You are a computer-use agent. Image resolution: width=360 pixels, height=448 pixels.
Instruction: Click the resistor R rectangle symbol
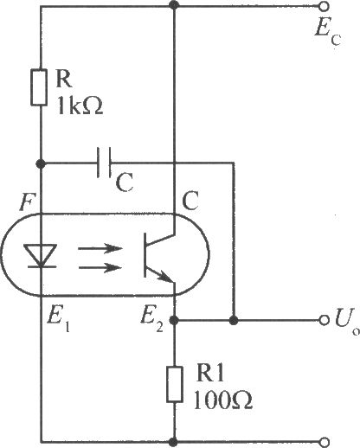39,87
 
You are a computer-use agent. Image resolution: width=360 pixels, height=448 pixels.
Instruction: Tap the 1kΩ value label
80,106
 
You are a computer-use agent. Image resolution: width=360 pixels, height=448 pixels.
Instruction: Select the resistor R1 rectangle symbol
175,384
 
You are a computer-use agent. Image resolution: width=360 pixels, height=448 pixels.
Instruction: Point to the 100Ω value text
222,400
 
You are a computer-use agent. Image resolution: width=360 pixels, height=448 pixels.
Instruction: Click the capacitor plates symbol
104,163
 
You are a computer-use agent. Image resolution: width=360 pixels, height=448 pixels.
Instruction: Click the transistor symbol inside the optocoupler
159,255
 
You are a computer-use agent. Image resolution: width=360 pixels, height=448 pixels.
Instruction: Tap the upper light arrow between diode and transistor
100,248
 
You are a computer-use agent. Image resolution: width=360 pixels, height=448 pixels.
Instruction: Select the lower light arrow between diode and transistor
100,268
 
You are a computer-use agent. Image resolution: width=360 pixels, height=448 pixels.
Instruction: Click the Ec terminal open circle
325,6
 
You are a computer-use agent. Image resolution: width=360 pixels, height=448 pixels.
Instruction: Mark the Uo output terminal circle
325,320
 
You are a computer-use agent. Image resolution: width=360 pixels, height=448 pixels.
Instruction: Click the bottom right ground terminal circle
325,442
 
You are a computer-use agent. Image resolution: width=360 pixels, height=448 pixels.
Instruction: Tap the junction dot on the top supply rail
174,5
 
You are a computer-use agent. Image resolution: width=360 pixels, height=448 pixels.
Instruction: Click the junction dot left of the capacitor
41,164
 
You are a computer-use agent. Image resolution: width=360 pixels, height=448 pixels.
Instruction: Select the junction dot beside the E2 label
174,320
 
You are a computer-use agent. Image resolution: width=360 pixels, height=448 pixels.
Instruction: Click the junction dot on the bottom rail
173,441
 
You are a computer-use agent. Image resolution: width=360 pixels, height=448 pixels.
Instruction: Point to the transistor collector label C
190,202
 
